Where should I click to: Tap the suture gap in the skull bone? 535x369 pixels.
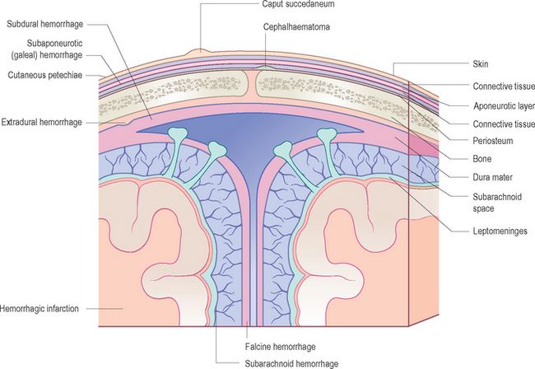257,82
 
